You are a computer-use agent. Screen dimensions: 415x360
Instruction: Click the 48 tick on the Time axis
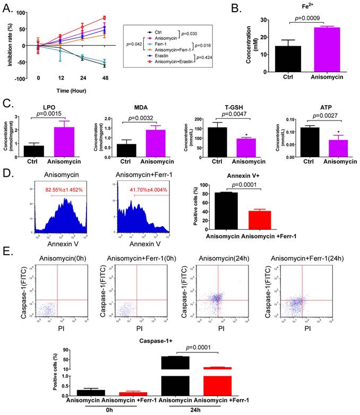(x=105, y=85)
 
